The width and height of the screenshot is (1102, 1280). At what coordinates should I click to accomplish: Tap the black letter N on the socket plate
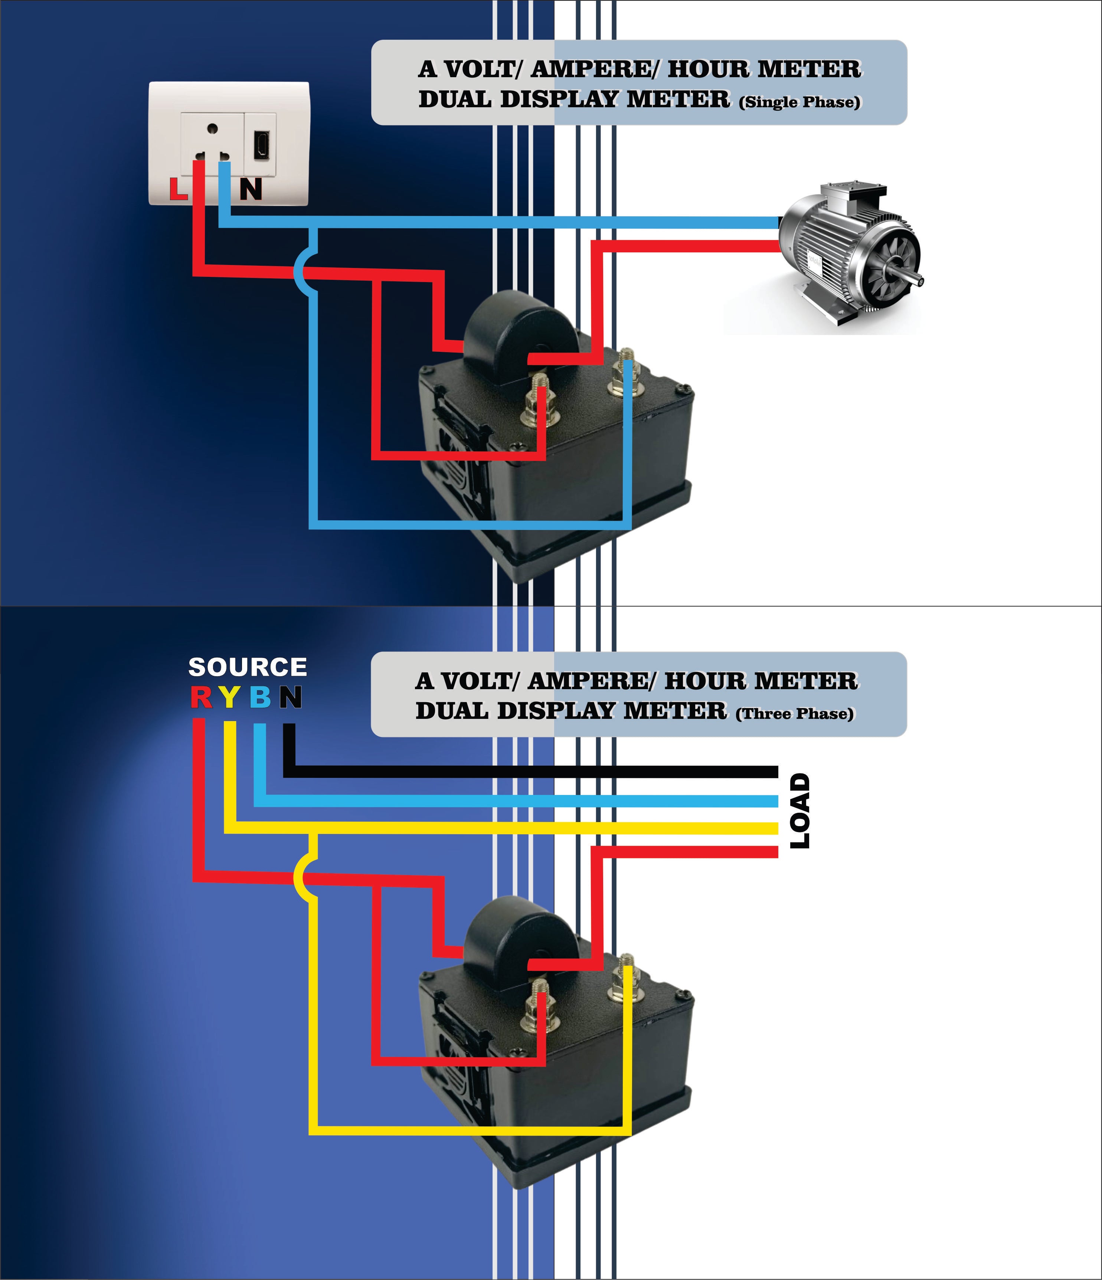(x=251, y=189)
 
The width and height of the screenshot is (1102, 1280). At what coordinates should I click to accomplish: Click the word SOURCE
(x=247, y=667)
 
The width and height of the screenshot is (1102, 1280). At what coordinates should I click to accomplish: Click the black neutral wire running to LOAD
(x=531, y=772)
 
